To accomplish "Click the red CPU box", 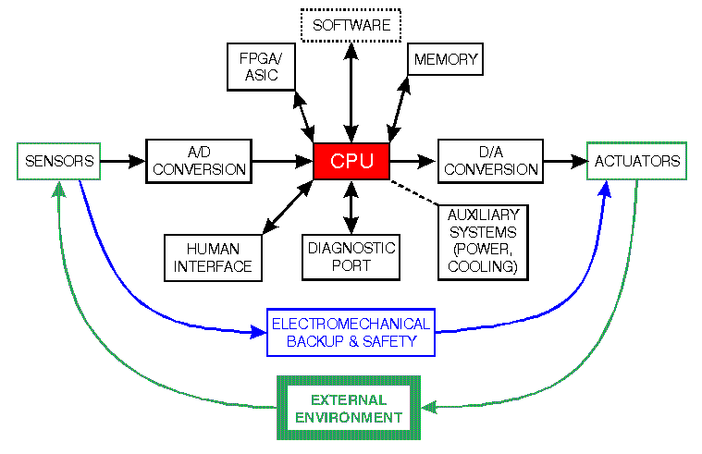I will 351,162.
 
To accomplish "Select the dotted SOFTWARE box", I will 351,25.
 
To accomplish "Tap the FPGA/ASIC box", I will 261,67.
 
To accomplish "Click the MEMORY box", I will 445,60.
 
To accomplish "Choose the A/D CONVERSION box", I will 199,161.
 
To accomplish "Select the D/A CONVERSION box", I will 489,161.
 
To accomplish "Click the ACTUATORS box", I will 637,161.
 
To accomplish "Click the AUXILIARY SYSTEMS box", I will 483,239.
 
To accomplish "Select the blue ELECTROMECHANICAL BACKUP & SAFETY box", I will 351,333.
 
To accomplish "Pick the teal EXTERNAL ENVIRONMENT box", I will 350,408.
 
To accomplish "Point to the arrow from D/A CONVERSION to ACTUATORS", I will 564,162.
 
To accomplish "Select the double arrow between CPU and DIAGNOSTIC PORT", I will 351,207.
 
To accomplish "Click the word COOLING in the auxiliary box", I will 482,267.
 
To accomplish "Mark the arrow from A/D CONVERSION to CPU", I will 282,162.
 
